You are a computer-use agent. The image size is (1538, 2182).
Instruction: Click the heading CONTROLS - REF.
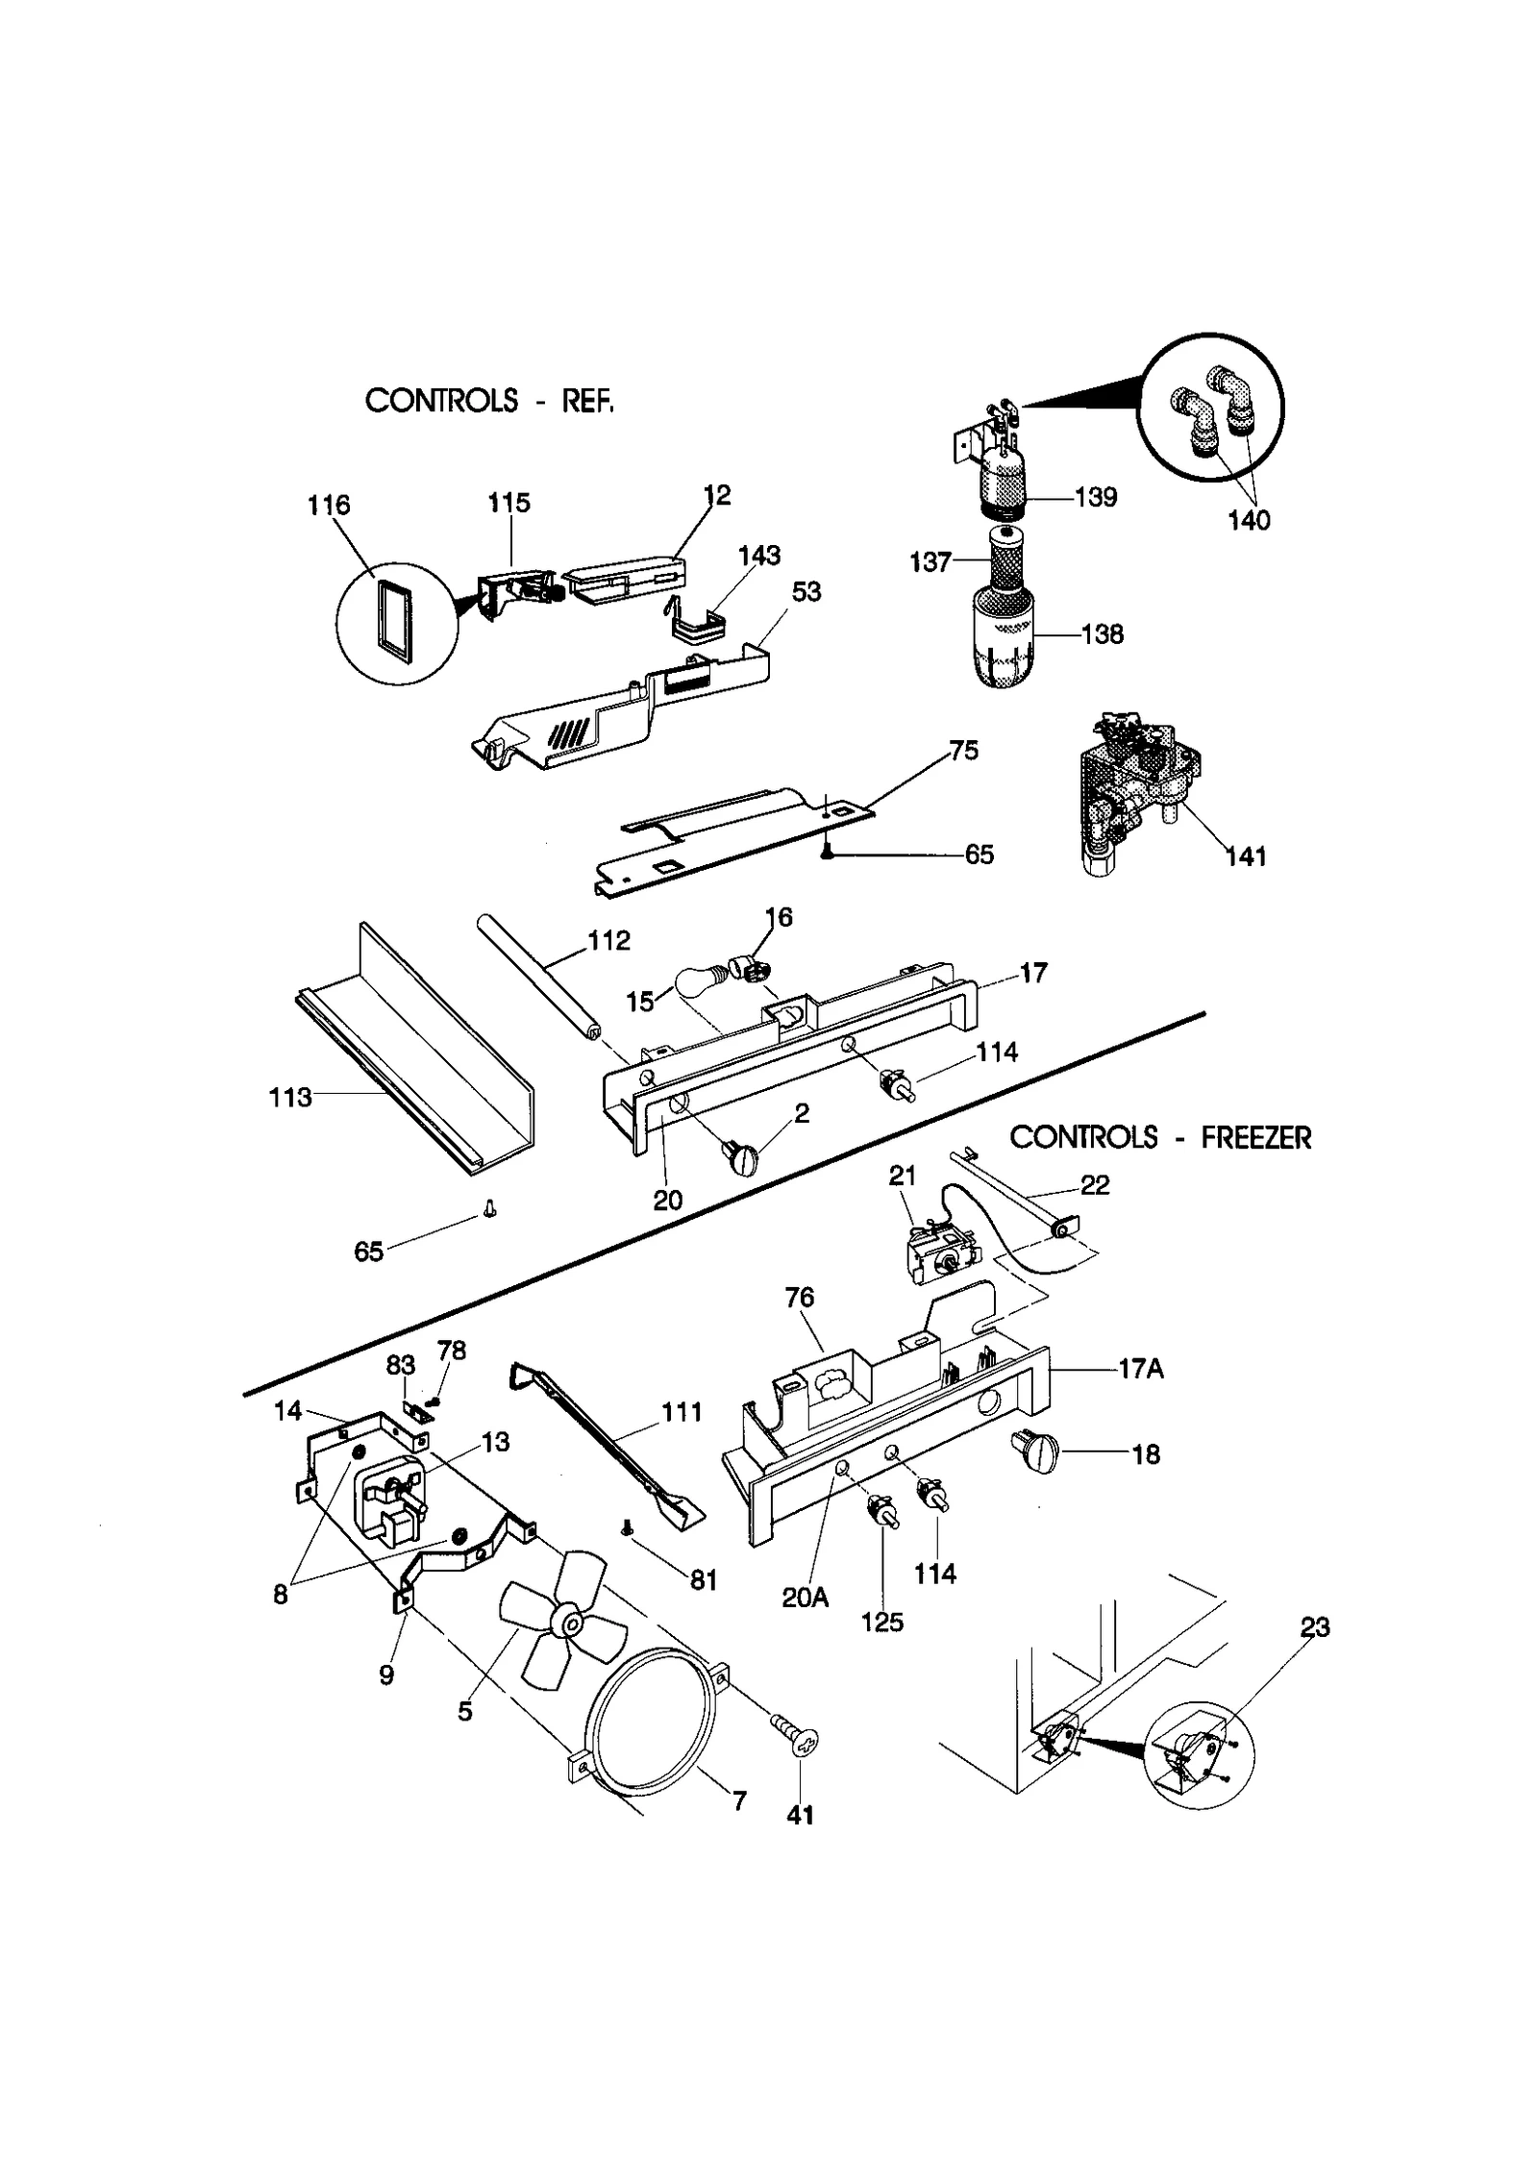pos(488,400)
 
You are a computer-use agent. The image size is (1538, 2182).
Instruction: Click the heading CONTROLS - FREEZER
pos(1160,1138)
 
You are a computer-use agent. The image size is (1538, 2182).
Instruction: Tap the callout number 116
pos(329,505)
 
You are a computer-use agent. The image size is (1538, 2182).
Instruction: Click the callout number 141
pos(1246,855)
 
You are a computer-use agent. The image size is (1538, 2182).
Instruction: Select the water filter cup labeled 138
pos(1001,641)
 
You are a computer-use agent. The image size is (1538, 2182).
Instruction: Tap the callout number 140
pos(1249,521)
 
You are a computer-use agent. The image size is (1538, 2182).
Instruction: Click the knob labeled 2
pos(743,1158)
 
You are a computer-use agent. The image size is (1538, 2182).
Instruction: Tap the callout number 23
pos(1314,1627)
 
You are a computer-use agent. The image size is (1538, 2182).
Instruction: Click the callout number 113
pos(290,1097)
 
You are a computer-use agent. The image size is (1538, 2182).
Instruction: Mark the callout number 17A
pos(1141,1369)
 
